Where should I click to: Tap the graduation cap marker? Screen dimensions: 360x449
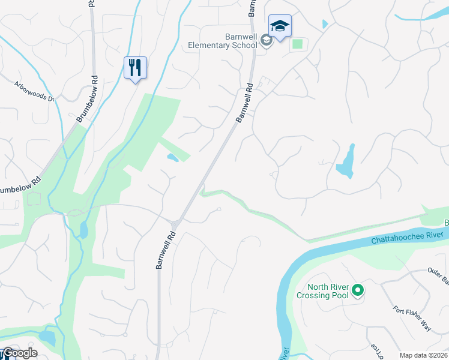point(279,26)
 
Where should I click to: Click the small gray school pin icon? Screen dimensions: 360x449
point(267,40)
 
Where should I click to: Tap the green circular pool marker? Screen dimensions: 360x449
point(358,291)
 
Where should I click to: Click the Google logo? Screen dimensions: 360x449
point(19,353)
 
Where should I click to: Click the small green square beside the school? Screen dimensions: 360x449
point(297,44)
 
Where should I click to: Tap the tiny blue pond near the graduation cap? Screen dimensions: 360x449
point(325,24)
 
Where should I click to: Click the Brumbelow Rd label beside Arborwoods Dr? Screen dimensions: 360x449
point(86,99)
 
